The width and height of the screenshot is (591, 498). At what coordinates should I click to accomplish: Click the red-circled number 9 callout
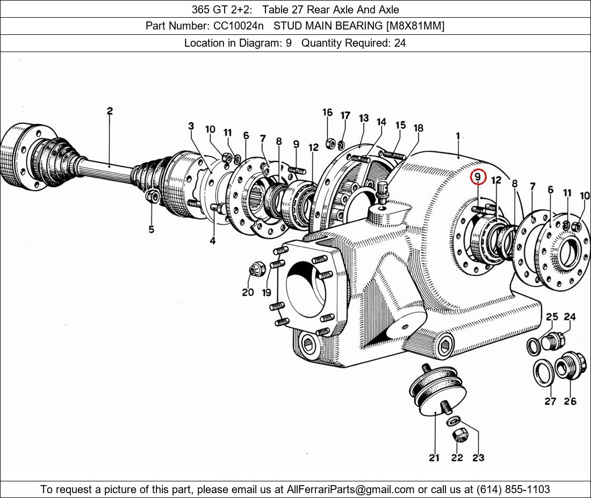478,177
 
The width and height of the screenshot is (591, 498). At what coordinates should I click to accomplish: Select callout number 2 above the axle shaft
110,112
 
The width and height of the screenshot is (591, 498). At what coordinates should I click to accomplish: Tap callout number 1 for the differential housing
458,136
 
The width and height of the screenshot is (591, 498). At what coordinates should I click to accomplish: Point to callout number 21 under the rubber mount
434,458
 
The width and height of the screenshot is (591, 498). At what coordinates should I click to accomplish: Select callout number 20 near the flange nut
247,292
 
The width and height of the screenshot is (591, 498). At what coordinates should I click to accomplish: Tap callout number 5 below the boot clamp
152,230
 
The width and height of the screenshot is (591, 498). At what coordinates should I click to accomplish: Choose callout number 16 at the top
327,113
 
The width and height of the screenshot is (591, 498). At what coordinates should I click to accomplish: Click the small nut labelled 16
331,143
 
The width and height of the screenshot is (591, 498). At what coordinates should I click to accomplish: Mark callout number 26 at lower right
570,401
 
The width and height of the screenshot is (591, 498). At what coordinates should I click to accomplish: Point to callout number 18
419,128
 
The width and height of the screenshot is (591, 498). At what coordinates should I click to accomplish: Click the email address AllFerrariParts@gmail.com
351,489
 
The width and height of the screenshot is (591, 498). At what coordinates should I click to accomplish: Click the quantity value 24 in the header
400,43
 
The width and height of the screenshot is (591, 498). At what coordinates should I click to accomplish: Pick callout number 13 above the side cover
364,119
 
